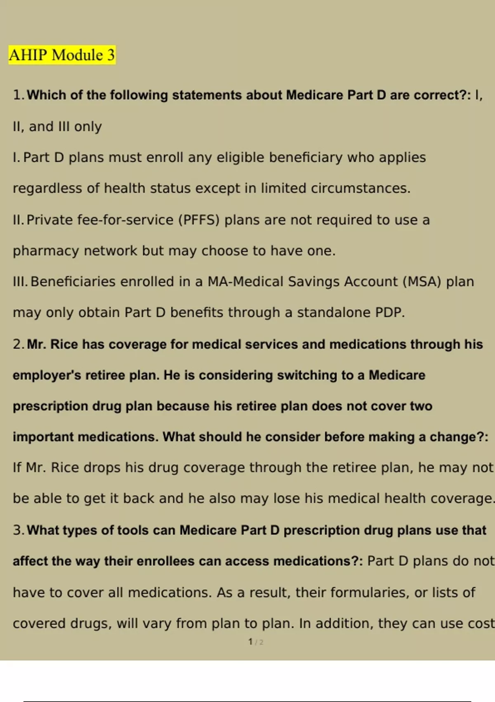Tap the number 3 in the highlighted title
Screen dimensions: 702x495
pos(111,55)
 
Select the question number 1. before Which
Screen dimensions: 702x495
pos(19,95)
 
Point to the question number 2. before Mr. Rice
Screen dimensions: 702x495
pos(19,344)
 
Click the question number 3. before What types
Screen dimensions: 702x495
pos(19,530)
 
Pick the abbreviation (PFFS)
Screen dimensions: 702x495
pos(199,220)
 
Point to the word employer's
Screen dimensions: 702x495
pos(47,375)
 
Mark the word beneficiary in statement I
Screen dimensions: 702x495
pos(306,157)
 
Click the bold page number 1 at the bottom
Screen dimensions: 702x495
pos(250,642)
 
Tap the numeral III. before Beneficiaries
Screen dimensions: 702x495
pos(20,282)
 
